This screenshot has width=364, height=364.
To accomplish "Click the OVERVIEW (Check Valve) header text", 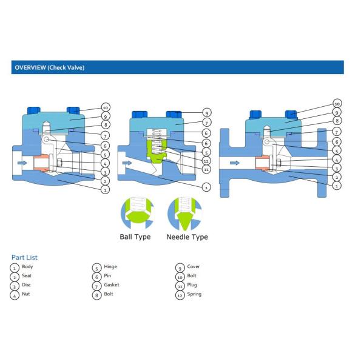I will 49,67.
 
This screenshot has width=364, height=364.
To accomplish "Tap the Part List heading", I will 24,257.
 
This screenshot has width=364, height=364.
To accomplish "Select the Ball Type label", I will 135,237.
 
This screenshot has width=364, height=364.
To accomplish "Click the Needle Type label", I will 187,237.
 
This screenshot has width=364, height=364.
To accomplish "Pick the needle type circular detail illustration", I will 184,213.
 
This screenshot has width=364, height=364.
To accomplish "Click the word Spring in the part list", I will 194,294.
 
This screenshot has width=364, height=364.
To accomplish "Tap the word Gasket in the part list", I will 112,285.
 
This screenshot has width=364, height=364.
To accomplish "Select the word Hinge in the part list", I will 110,267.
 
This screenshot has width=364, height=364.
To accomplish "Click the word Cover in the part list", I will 194,267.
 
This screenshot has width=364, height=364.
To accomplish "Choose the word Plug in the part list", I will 192,285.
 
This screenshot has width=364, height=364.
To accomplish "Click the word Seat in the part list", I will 27,276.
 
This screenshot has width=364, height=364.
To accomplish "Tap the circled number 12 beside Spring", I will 180,295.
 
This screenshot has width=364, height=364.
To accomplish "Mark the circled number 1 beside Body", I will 15,268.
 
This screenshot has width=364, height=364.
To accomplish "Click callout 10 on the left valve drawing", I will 105,107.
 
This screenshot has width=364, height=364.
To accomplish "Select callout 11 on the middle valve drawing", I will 206,169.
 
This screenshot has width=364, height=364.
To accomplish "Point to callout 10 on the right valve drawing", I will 337,104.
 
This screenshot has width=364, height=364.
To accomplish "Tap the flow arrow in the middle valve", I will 127,163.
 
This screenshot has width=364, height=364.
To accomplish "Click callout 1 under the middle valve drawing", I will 206,188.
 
